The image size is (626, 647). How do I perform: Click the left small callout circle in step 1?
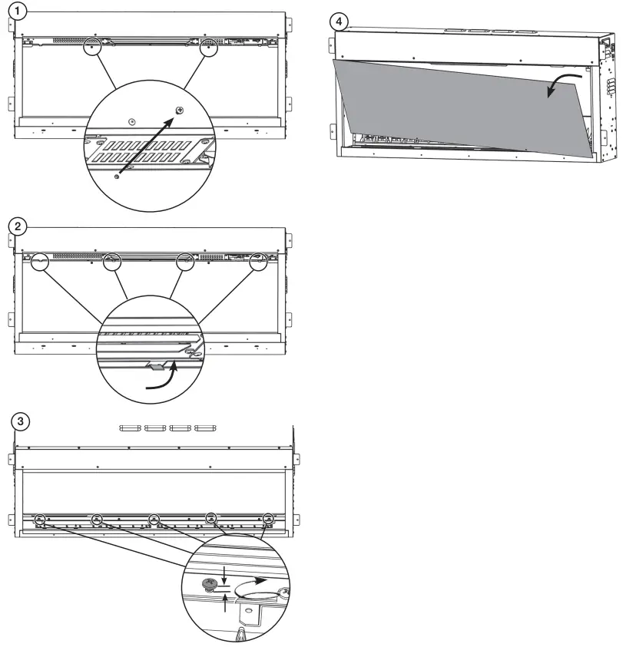[x=91, y=47]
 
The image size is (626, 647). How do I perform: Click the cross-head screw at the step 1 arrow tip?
[x=180, y=111]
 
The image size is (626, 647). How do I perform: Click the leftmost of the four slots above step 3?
[x=131, y=427]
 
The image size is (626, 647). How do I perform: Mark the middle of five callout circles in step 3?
[x=154, y=520]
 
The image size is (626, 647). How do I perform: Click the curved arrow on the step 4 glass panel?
[x=559, y=85]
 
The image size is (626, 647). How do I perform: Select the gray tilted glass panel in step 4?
[x=461, y=107]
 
